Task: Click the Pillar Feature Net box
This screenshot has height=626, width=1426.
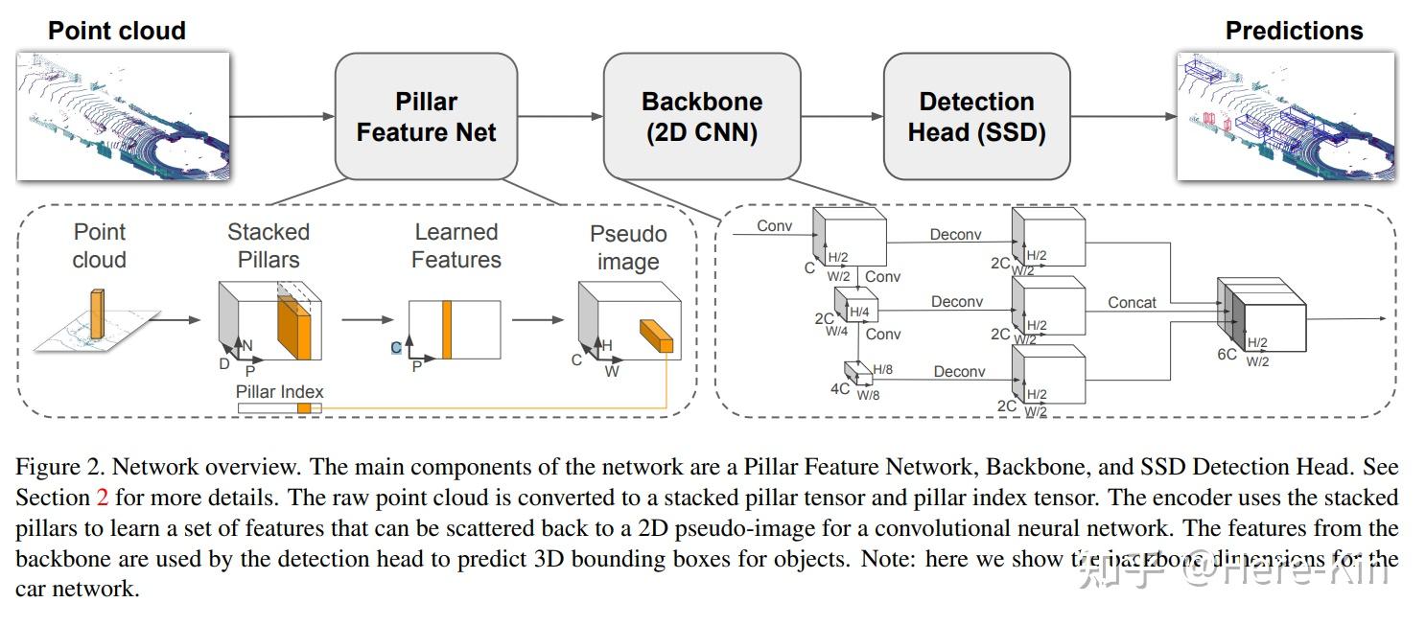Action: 426,116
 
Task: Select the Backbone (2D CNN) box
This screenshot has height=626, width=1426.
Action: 701,116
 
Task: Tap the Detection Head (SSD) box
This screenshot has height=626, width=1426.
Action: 976,116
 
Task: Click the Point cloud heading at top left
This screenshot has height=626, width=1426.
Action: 116,31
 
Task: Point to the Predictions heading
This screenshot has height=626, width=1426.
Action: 1294,31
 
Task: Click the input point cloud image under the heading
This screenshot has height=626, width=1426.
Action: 123,116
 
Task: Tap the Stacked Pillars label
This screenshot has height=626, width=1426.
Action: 269,245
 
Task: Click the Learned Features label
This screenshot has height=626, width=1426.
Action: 456,245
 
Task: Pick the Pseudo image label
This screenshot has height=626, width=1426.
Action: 628,247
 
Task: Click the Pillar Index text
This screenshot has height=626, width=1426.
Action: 280,391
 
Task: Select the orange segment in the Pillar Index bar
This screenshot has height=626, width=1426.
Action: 304,408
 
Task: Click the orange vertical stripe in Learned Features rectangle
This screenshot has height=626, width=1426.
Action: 447,330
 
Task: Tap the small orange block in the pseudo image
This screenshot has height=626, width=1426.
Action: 657,336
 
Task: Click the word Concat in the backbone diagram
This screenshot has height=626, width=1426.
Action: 1133,302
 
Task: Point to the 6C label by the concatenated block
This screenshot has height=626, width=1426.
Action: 1227,354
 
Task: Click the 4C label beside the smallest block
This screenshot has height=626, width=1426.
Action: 840,388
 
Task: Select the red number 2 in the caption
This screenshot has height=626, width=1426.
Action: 103,498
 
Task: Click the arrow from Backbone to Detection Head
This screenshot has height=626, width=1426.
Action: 841,117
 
